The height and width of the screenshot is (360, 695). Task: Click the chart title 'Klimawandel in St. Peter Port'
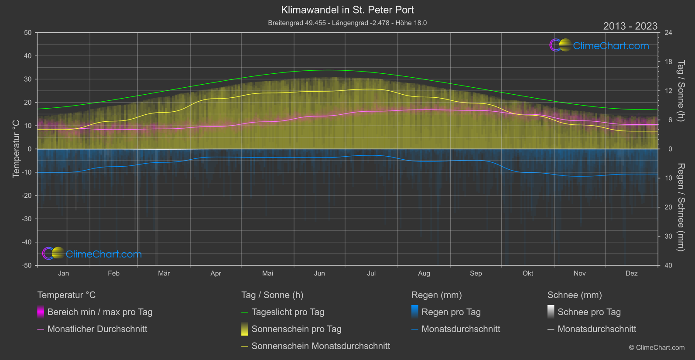(x=347, y=10)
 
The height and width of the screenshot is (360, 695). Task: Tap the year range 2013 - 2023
(x=630, y=26)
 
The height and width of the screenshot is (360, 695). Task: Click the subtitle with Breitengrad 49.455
(x=347, y=23)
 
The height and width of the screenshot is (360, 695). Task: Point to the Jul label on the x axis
(x=371, y=274)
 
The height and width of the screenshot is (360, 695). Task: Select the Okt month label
(x=528, y=274)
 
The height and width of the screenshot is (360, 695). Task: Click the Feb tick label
(x=113, y=274)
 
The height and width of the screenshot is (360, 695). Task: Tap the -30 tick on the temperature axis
(x=27, y=219)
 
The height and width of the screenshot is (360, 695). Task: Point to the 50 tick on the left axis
(x=28, y=33)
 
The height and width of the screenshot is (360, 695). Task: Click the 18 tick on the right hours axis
(x=668, y=62)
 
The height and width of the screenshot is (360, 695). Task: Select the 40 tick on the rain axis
(x=668, y=265)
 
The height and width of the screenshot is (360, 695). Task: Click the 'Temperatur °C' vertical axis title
(x=16, y=149)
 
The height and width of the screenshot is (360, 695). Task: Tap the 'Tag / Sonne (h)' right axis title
(x=680, y=91)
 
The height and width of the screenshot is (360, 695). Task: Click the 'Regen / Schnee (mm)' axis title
(x=680, y=207)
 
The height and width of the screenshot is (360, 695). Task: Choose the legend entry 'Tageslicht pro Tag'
(x=288, y=312)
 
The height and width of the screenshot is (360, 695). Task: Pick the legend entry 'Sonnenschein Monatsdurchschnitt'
(x=320, y=346)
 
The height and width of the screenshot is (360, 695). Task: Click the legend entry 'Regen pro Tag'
(x=451, y=312)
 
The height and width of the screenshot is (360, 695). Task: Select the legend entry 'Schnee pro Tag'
(x=589, y=312)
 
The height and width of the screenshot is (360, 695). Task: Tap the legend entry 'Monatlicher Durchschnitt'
(x=97, y=329)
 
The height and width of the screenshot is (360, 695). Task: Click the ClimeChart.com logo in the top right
(x=599, y=45)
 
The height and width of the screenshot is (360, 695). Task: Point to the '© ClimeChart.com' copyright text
(x=657, y=348)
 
